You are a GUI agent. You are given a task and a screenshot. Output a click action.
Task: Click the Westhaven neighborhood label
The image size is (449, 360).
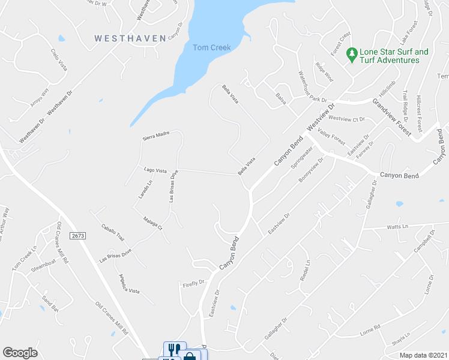(130, 38)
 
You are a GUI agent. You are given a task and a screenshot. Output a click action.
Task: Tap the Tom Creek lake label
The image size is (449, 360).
(212, 47)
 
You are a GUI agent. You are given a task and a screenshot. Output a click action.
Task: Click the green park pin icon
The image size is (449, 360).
(352, 55)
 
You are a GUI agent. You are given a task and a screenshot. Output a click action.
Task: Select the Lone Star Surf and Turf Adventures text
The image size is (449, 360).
(394, 56)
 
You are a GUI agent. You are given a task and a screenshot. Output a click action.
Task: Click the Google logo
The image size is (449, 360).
(20, 353)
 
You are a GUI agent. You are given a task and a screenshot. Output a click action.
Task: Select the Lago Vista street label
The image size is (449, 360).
(155, 170)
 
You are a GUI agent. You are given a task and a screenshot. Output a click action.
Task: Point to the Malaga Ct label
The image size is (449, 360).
(152, 223)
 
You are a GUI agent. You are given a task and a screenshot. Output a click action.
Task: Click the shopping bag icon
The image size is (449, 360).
(190, 356)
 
